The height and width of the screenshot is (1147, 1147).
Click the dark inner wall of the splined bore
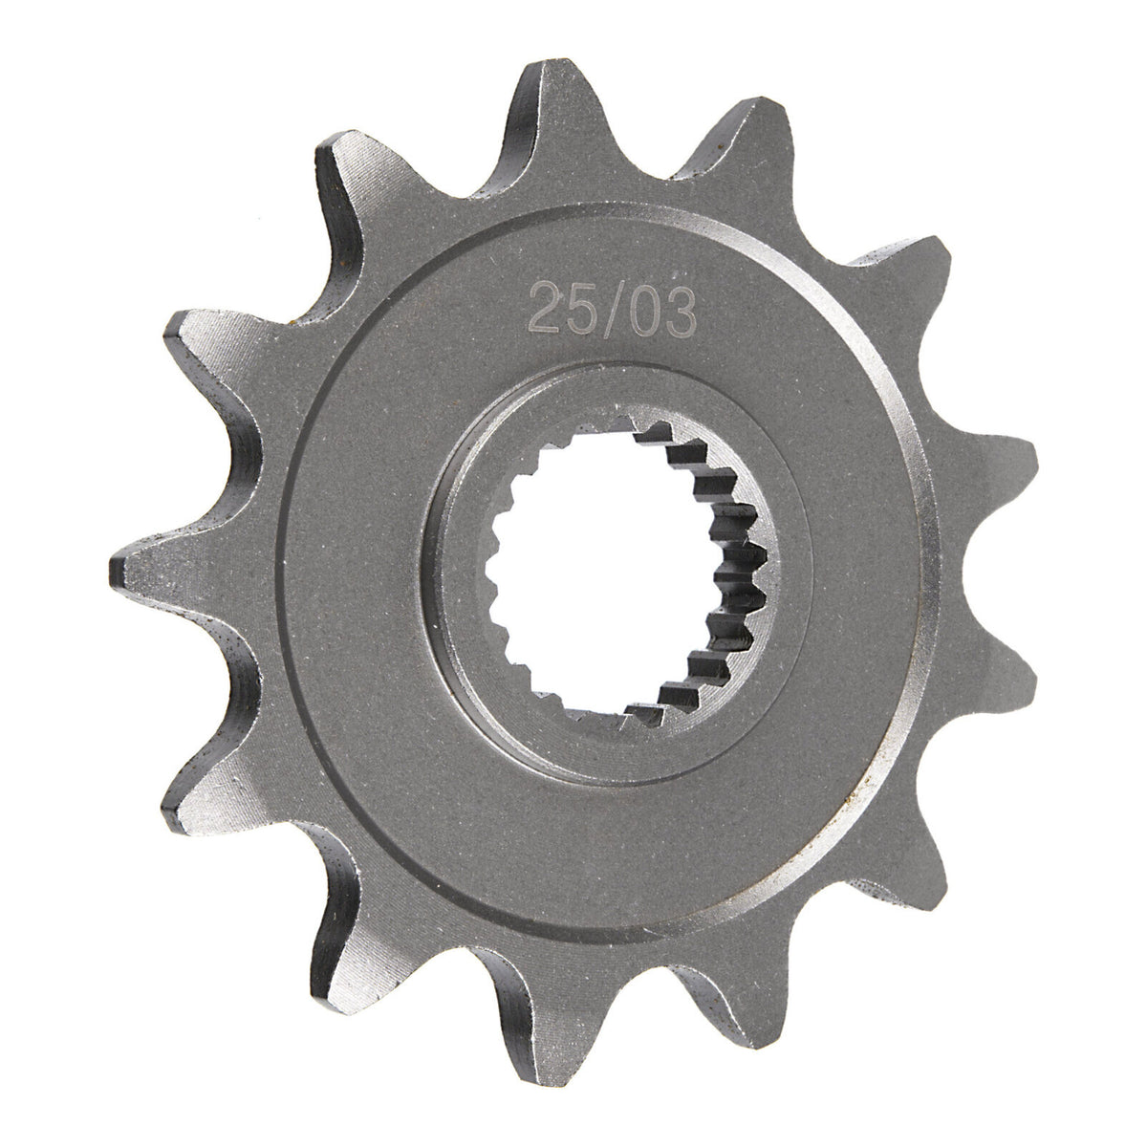736,573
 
